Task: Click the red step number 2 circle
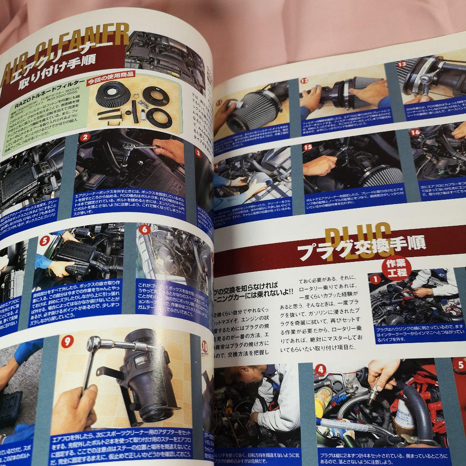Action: coord(85,138)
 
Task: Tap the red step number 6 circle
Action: coord(145,229)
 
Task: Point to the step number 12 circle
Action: coord(304,80)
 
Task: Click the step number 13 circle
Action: coord(402,64)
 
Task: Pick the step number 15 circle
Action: coord(308,147)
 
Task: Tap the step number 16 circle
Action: coord(415,132)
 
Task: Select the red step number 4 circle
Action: coord(321,370)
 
